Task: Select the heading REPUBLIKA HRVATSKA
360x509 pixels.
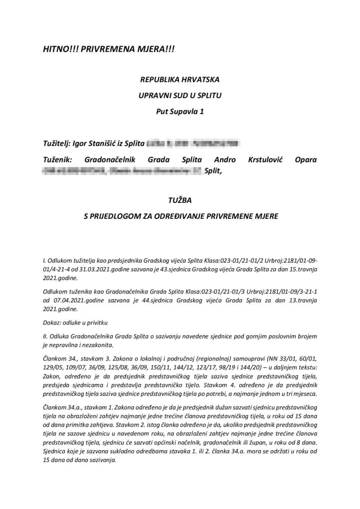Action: [180, 79]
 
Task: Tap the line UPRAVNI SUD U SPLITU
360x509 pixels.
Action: [180, 96]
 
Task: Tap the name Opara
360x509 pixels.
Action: [305, 160]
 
